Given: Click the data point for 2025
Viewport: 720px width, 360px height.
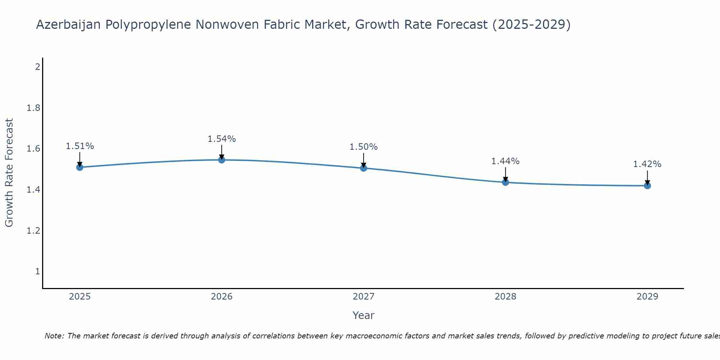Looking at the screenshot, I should (x=80, y=167).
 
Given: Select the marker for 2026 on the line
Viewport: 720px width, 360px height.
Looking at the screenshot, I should (x=222, y=160).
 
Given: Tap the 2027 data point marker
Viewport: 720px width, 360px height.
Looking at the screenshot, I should (x=364, y=168).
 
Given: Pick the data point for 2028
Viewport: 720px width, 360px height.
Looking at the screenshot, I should (x=505, y=182).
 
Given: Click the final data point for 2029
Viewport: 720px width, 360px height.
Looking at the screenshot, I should (x=647, y=186).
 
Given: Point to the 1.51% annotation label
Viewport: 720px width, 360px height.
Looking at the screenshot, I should (x=80, y=146).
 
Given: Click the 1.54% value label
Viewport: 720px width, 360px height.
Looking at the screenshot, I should (x=222, y=139).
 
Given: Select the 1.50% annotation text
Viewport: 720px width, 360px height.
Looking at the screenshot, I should (x=364, y=147).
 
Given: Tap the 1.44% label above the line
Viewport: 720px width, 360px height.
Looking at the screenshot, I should (x=505, y=161).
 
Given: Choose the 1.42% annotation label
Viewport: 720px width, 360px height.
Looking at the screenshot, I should (x=647, y=164).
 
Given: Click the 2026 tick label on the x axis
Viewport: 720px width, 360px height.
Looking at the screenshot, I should (x=222, y=297).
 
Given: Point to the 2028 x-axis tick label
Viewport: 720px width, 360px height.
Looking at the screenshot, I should (x=505, y=297).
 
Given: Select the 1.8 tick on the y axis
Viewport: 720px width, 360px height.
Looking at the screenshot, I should (x=33, y=108).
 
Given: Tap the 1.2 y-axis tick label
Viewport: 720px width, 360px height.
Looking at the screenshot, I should (x=33, y=230).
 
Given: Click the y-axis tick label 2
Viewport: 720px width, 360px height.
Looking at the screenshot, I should (x=37, y=67).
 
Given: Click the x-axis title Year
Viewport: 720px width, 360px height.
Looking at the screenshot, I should (x=364, y=315).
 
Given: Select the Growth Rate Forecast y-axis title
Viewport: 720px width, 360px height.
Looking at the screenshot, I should (x=9, y=173).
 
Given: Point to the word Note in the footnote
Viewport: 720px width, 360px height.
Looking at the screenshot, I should (x=54, y=336).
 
